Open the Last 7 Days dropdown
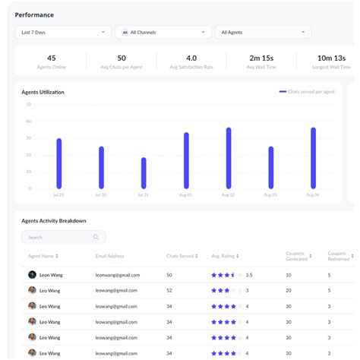pos(63,32)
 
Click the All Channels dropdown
pos(163,32)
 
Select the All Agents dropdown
pos(263,32)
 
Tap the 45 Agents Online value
pos(51,58)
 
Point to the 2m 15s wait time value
pos(261,58)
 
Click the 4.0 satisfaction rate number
pos(191,58)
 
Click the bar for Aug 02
pos(229,158)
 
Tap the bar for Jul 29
pos(59,163)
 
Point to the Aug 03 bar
pos(270,167)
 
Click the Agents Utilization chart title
pos(43,92)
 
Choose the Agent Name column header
pos(43,256)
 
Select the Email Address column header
pos(111,256)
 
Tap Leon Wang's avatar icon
pos(32,274)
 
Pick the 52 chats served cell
pos(169,290)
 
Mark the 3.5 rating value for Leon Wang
pos(249,274)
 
